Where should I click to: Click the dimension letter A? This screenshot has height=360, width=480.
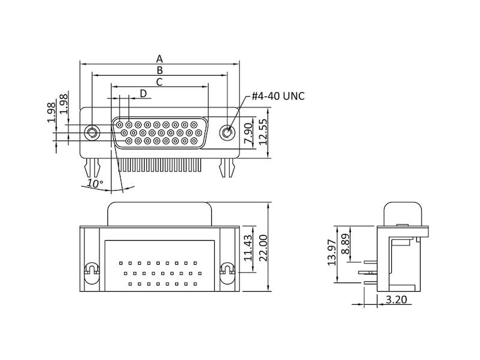160,58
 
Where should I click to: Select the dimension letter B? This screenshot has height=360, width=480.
160,70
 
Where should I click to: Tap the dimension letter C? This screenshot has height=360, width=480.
160,82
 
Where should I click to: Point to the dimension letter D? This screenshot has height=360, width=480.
143,93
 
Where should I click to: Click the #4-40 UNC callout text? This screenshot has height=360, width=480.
278,96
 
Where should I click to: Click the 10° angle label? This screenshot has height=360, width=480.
95,183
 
